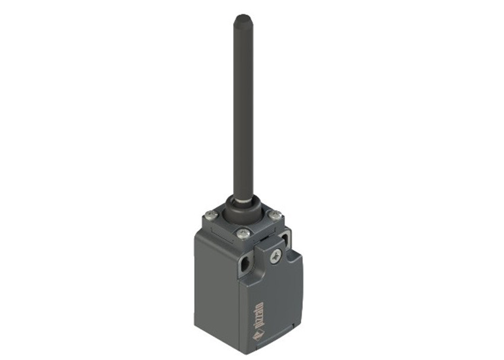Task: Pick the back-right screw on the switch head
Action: [275, 213]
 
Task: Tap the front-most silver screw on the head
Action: [241, 234]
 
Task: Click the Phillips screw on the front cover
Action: [275, 256]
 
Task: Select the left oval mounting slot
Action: [245, 266]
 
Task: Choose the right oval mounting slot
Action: [285, 238]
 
